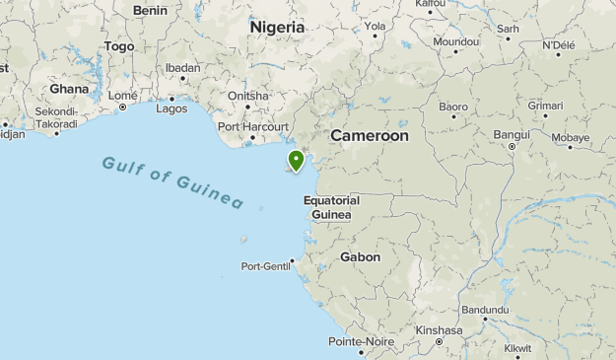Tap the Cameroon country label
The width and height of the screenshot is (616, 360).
coord(369,135)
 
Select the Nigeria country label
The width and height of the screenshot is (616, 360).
coord(277,28)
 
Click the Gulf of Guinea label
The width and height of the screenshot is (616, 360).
coord(172,180)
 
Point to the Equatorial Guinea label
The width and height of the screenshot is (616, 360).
coord(331,207)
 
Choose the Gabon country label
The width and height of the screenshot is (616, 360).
coord(360,256)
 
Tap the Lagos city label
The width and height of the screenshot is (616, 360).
coord(171,108)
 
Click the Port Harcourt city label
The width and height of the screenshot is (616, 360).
coord(253,126)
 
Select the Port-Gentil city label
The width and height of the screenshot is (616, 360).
coord(266,266)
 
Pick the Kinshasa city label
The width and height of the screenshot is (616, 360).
coord(439,330)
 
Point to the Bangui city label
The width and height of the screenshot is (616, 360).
coord(512,133)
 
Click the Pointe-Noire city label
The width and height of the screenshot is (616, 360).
coord(362,341)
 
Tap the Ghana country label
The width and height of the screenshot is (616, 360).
coord(69,88)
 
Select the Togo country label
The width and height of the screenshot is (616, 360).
coord(118,46)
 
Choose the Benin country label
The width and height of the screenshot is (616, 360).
coord(150,10)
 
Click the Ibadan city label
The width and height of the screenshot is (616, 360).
coord(182,68)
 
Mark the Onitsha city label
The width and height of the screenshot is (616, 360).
coord(247,96)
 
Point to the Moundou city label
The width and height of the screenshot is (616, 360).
coord(455,42)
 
